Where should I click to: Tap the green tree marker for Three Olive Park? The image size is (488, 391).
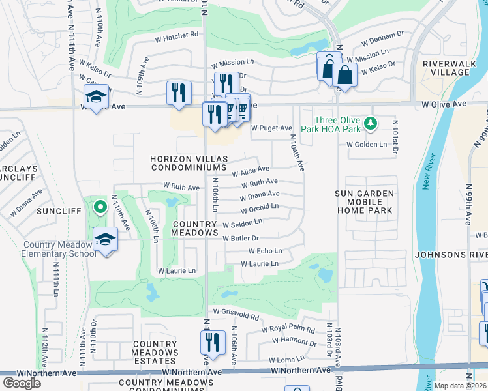pyautogui.click(x=371, y=122)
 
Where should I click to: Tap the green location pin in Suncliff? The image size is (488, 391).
pyautogui.click(x=100, y=208)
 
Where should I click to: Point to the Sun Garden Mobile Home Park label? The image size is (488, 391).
pyautogui.click(x=365, y=202)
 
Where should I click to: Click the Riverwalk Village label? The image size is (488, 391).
pyautogui.click(x=446, y=68)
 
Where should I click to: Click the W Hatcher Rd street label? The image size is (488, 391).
pyautogui.click(x=176, y=35)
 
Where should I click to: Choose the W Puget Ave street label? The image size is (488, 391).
pyautogui.click(x=271, y=128)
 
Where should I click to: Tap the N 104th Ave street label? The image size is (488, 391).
pyautogui.click(x=294, y=156)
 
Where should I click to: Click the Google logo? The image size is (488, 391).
pyautogui.click(x=22, y=383)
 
